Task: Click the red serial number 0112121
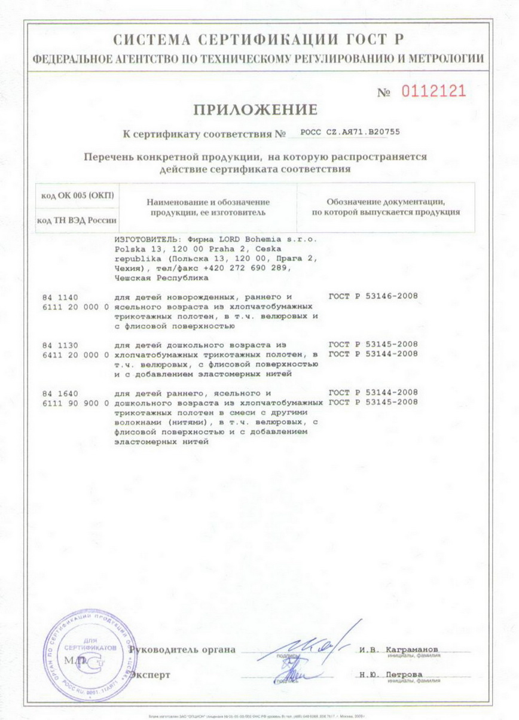[x=432, y=92]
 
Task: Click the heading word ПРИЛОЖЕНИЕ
[x=254, y=110]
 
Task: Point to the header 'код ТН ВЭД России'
[x=77, y=220]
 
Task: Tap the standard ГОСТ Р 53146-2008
[x=373, y=297]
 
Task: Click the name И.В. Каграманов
[x=399, y=649]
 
